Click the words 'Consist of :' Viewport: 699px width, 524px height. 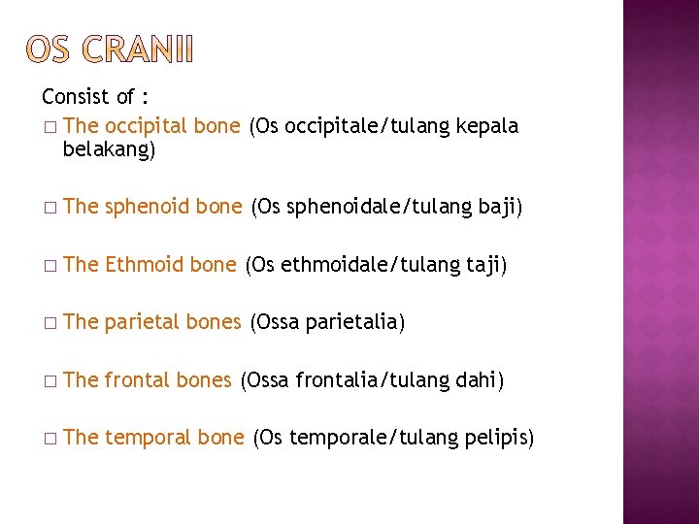94,97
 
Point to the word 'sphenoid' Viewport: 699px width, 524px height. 147,206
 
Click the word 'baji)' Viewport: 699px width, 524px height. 500,206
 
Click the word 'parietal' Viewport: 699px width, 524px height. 143,321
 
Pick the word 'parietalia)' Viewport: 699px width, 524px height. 354,321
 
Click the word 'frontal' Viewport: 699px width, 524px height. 137,379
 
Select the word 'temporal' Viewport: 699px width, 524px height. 148,438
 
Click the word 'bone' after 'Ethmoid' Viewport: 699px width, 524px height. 214,264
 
